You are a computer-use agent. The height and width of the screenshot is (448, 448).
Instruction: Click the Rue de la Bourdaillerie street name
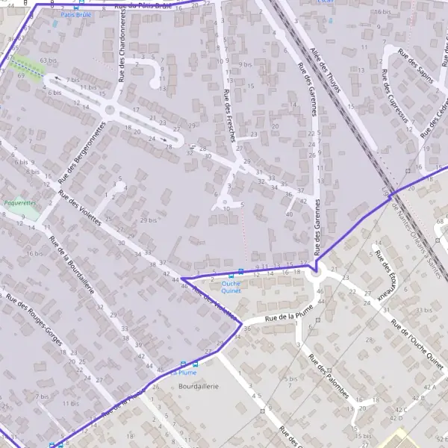[71, 264]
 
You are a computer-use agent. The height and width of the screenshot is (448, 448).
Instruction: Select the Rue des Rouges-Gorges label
[33, 321]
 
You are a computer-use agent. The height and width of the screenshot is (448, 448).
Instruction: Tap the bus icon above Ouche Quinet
[240, 273]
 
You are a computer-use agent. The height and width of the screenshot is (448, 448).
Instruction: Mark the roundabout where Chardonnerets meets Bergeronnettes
[111, 111]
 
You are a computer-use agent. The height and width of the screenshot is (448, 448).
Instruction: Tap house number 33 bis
[423, 310]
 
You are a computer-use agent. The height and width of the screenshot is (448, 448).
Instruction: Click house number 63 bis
[49, 60]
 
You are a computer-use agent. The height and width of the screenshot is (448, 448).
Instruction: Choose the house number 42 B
[429, 399]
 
